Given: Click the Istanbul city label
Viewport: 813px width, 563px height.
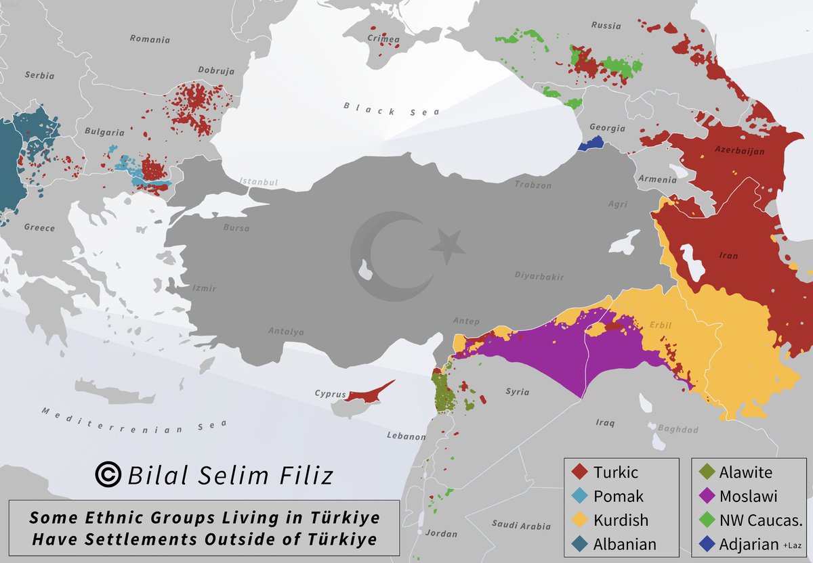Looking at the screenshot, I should point(259,182).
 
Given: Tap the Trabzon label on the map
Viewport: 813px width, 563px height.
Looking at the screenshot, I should point(533,185).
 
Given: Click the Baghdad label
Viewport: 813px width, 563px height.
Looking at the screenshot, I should point(678,429).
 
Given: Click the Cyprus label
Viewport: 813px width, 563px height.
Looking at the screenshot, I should point(331,393).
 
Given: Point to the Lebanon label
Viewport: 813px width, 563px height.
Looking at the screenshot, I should point(406,436).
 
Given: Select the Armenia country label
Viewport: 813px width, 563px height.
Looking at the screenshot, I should point(656,179).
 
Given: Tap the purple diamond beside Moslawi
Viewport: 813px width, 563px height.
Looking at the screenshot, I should point(705,496).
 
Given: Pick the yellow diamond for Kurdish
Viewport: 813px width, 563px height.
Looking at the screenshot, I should point(578,520).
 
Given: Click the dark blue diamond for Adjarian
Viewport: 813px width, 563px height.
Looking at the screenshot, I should point(705,543).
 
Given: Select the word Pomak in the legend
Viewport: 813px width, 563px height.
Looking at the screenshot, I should point(618,496).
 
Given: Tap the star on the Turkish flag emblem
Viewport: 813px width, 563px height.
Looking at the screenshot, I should point(447,246).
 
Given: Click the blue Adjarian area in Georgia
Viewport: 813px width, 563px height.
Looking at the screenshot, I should point(591,144).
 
